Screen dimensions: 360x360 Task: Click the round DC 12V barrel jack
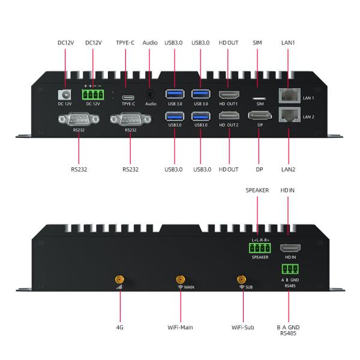(60, 95)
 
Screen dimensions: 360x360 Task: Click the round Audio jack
(150, 94)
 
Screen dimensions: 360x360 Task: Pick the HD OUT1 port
(229, 95)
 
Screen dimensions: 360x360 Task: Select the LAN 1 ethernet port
(288, 95)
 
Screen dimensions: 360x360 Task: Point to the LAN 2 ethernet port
(288, 116)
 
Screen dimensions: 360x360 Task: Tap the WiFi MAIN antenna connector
(180, 279)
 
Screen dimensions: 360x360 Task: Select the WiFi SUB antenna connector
(242, 279)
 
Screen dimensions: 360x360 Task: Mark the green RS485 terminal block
(289, 269)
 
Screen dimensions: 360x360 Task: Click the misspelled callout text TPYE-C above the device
(124, 43)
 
